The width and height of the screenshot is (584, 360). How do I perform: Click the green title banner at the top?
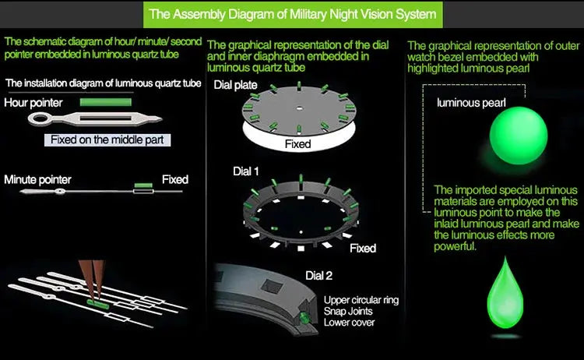(292, 13)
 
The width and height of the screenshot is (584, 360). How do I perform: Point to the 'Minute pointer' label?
(37, 179)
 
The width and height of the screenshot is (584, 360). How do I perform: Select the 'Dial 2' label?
(318, 275)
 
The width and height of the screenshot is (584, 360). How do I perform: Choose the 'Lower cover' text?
(349, 322)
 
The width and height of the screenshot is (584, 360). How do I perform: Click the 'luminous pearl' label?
(471, 103)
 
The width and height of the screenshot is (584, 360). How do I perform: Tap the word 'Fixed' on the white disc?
(297, 144)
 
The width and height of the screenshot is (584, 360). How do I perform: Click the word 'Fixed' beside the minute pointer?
(174, 179)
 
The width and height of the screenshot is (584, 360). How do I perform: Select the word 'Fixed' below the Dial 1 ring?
(363, 248)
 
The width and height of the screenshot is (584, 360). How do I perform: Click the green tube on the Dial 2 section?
(304, 319)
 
